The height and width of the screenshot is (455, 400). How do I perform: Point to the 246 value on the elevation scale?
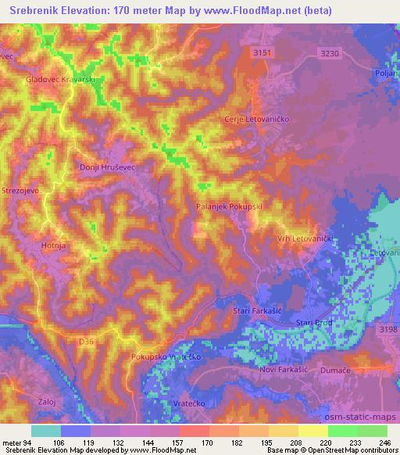[380, 441]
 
